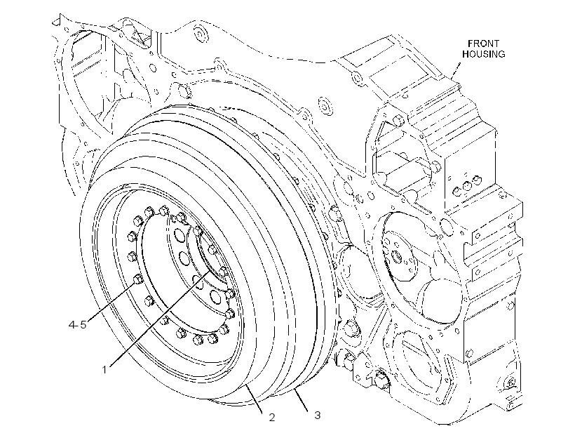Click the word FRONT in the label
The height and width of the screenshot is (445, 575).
click(x=483, y=44)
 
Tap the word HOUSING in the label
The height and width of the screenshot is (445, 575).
click(x=483, y=54)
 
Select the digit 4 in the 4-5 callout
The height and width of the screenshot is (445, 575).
click(x=72, y=324)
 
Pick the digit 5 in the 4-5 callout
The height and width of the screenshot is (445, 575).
click(x=83, y=324)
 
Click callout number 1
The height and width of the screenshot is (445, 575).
click(x=104, y=369)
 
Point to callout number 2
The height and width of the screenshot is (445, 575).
click(x=272, y=417)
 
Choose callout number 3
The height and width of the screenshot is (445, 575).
click(x=318, y=415)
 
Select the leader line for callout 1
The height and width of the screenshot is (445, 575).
click(x=158, y=318)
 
